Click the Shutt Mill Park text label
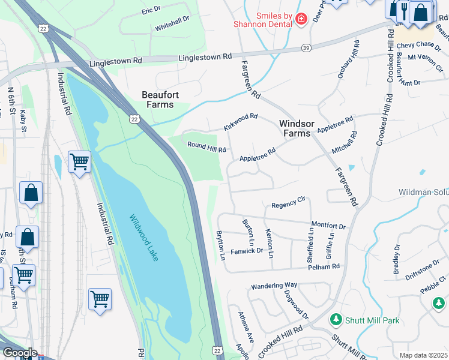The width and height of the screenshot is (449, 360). pyautogui.click(x=372, y=320)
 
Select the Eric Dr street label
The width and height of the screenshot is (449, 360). pyautogui.click(x=151, y=10)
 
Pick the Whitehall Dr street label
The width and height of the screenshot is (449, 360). pyautogui.click(x=172, y=19)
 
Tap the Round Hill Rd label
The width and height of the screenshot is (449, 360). pyautogui.click(x=206, y=146)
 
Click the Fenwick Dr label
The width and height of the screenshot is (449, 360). pyautogui.click(x=247, y=250)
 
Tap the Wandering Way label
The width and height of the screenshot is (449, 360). pyautogui.click(x=274, y=285)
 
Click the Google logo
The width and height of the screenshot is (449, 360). pyautogui.click(x=19, y=353)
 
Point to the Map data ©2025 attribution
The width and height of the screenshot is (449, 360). pyautogui.click(x=423, y=355)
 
